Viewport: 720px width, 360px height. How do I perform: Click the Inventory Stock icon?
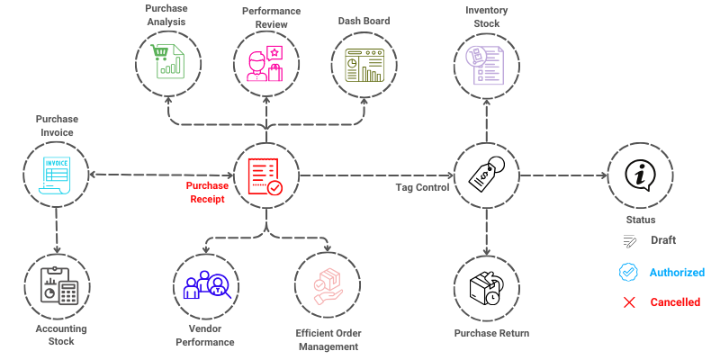[x=487, y=62]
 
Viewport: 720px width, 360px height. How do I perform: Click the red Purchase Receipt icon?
[x=265, y=175]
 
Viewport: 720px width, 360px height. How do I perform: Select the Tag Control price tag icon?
[x=487, y=175]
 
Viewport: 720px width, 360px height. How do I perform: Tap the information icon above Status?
[x=640, y=175]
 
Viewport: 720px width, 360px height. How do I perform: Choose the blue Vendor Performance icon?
[x=207, y=286]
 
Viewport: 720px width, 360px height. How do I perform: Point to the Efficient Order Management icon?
[x=327, y=286]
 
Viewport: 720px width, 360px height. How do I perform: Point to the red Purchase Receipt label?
[x=207, y=193]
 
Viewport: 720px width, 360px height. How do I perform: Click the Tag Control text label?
[x=422, y=187]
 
